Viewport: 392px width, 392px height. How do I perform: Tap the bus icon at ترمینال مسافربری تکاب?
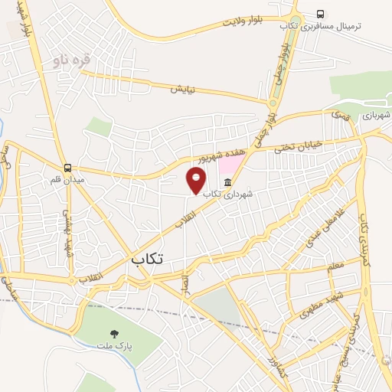[319, 14]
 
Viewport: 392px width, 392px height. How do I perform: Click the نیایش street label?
[182, 89]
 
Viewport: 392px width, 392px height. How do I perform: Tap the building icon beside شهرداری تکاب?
[228, 181]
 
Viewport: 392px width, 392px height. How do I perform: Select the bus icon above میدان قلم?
[67, 168]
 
